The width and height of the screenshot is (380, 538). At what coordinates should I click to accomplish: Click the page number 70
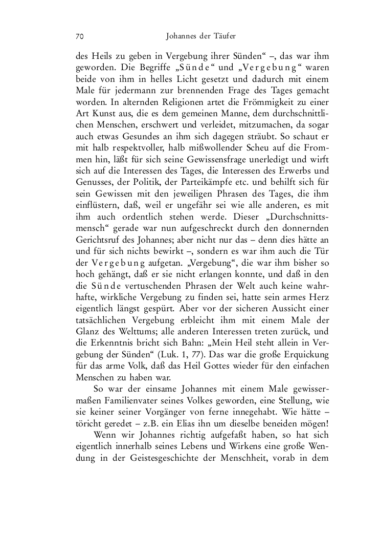tap(79, 36)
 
